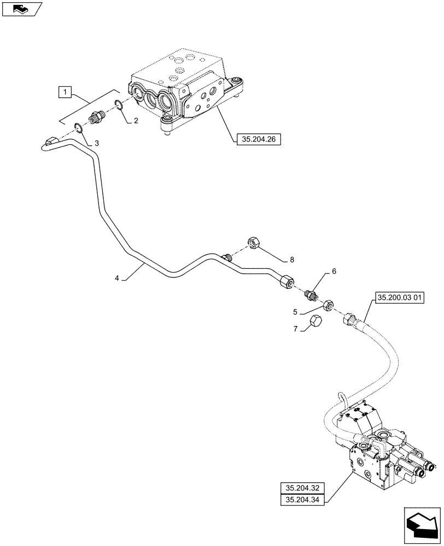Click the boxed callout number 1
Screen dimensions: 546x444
65,92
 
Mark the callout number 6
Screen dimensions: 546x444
334,271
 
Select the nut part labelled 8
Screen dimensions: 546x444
255,243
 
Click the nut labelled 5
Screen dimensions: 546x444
328,305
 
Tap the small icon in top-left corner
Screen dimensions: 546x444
21,8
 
